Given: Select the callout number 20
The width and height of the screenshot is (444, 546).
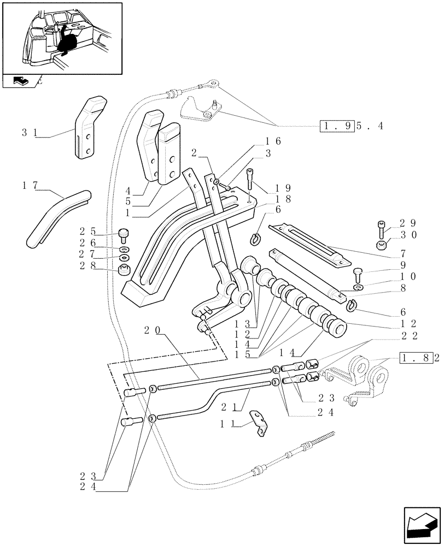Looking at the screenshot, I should point(152,330).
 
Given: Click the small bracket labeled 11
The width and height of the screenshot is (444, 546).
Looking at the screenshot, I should point(259,424).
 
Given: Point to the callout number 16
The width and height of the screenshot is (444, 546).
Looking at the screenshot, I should point(275,141).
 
